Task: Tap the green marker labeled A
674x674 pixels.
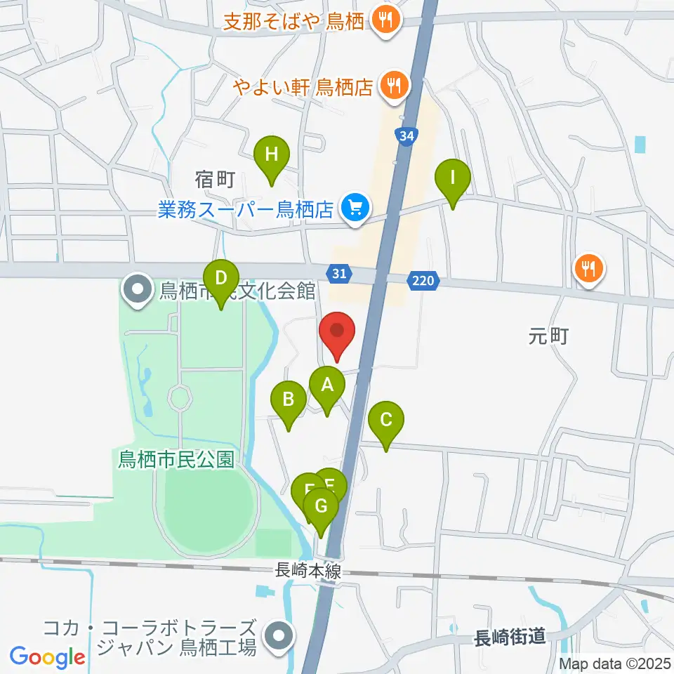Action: (x=326, y=386)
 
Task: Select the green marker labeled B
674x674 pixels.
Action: (x=289, y=401)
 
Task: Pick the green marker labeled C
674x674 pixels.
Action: (x=385, y=421)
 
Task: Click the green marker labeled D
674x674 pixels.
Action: (x=221, y=279)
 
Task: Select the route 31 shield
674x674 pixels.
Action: (x=339, y=274)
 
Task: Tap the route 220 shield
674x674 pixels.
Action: (x=424, y=282)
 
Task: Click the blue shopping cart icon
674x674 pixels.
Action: (x=355, y=208)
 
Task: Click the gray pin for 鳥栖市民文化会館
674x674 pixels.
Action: (x=137, y=289)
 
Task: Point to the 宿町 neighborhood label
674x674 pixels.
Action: (x=215, y=180)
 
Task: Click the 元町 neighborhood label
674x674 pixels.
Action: (x=548, y=337)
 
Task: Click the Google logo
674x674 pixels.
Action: (x=47, y=656)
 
